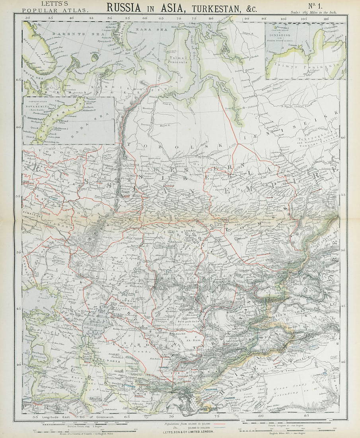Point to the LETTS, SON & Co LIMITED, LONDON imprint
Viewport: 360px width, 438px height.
pyautogui.click(x=187, y=432)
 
